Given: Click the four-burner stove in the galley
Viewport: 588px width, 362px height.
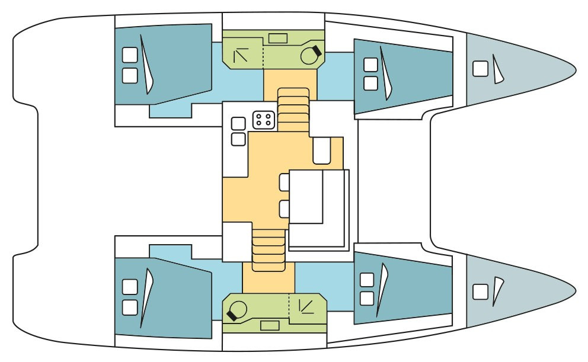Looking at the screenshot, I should tap(263, 120).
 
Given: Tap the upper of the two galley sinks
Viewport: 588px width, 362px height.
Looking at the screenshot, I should tap(238, 124).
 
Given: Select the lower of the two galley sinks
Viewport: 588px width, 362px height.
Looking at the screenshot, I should tap(238, 139).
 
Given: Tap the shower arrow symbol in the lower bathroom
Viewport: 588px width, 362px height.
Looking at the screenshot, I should tap(307, 306).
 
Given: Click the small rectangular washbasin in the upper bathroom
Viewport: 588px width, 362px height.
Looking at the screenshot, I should tap(277, 39).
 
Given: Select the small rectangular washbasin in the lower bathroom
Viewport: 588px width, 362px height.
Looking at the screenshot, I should tap(270, 325).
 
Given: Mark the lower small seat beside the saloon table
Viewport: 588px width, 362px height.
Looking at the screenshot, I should tap(284, 209).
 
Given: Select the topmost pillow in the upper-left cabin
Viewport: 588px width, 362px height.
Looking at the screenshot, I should tap(129, 55).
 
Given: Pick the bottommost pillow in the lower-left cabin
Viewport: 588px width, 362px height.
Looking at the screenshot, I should tap(129, 307).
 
